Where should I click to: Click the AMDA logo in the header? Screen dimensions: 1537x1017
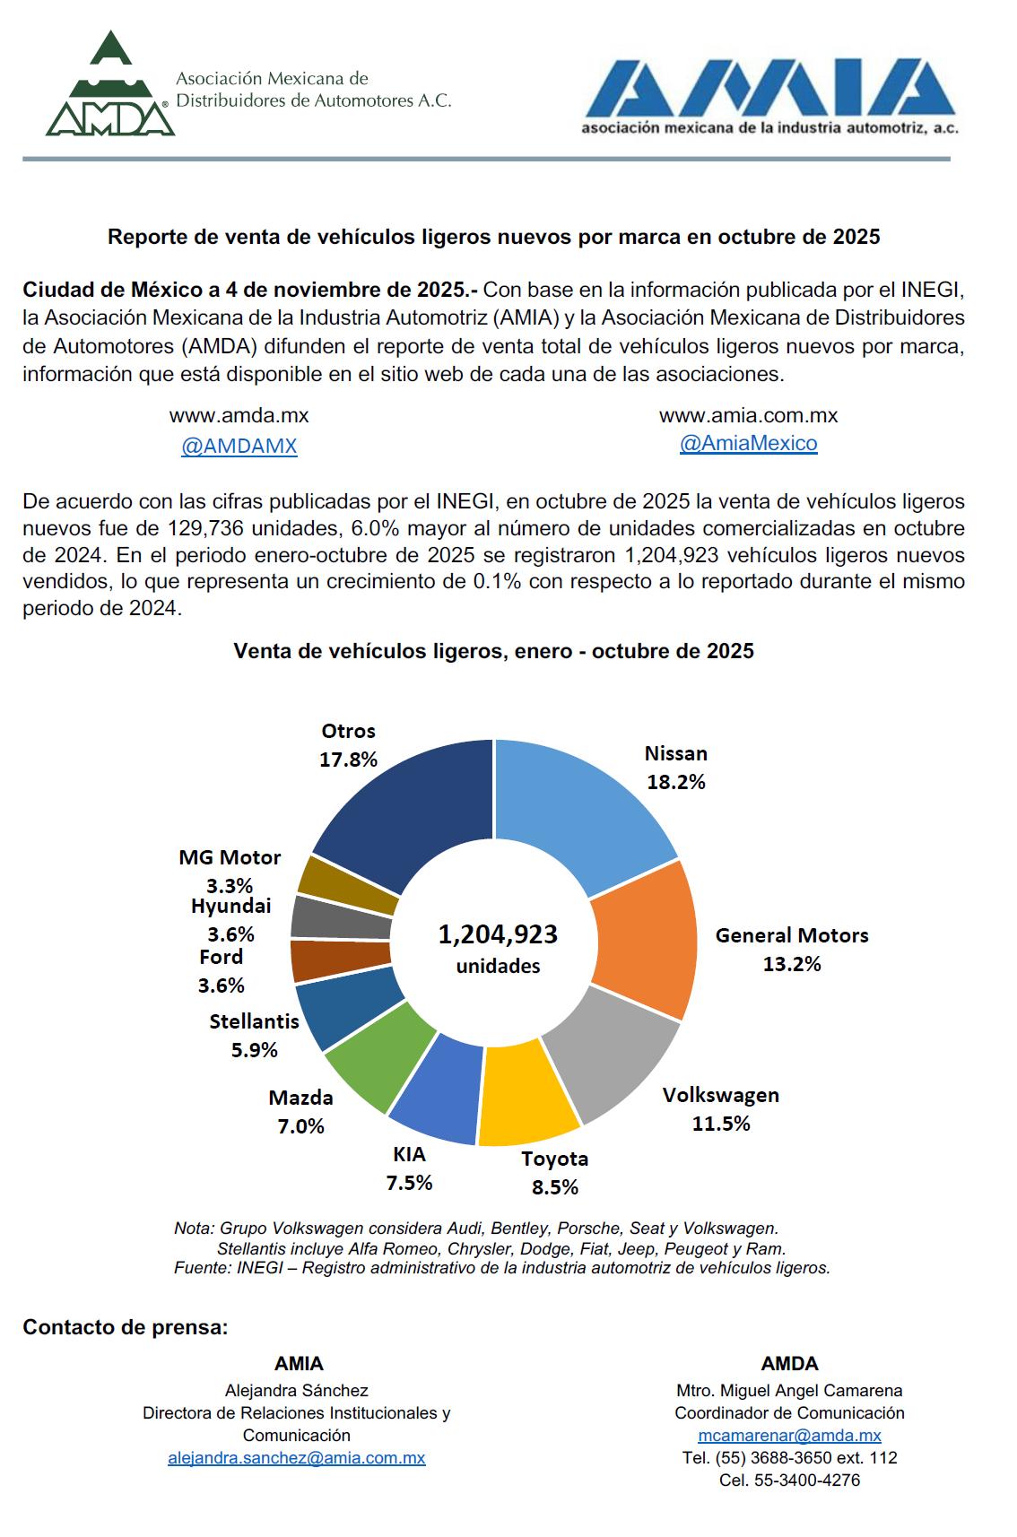point(110,85)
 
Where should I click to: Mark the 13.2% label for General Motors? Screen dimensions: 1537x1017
point(792,964)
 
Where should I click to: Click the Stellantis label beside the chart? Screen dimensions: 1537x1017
point(255,1021)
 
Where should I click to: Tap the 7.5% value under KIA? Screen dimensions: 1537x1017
point(409,1183)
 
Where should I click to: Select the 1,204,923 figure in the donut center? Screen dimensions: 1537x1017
point(498,934)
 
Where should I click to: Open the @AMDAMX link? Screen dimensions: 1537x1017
point(239,447)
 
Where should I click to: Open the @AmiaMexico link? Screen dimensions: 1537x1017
point(748,443)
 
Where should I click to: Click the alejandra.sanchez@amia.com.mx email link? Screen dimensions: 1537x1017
point(296,1458)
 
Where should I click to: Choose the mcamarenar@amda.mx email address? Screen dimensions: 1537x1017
point(789,1436)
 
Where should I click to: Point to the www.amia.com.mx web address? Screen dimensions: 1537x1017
point(748,416)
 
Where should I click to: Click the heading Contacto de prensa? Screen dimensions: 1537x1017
point(126,1327)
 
